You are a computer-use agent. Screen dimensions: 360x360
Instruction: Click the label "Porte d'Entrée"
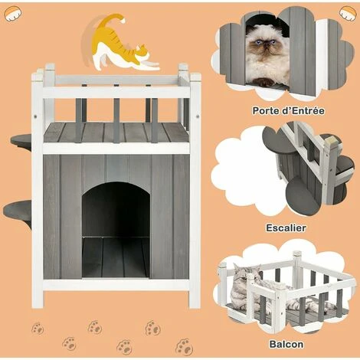(289, 111)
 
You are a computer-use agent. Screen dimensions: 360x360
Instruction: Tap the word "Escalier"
(286, 227)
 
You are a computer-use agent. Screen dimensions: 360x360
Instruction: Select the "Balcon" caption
(286, 344)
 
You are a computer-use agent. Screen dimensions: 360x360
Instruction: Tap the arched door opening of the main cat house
(116, 229)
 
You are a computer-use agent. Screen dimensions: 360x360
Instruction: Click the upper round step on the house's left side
(21, 140)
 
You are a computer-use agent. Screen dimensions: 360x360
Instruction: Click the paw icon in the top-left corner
(13, 13)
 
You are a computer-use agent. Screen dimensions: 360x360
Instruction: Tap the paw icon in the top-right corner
(347, 13)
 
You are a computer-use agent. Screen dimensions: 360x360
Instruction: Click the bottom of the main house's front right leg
(195, 306)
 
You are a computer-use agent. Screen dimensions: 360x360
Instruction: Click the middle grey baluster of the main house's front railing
(116, 120)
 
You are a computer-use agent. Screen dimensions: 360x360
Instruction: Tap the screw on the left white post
(35, 116)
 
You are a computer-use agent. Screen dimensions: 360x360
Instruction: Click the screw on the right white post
(197, 116)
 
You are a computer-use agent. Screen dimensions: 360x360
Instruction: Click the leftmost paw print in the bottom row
(38, 329)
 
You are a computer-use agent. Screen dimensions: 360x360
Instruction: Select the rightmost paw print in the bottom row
(184, 347)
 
